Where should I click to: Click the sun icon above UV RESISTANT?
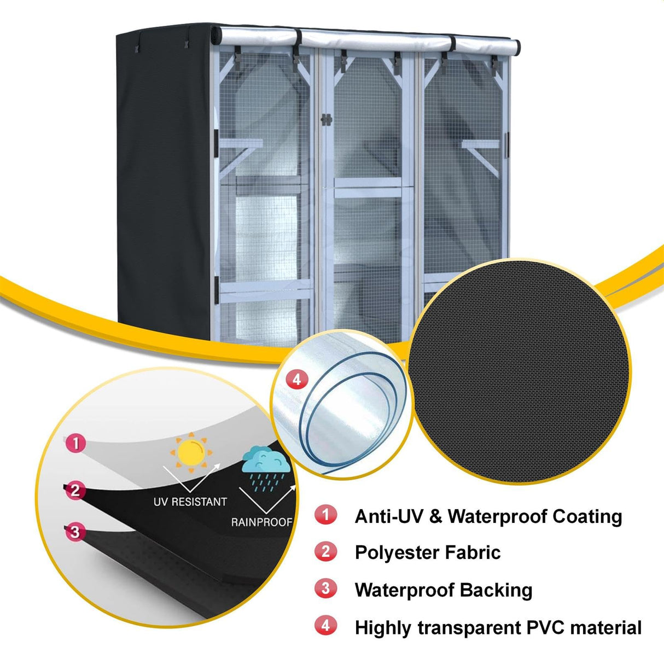click(190, 450)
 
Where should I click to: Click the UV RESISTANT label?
click(190, 502)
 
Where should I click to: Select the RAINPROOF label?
click(261, 522)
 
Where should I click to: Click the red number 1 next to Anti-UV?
click(326, 515)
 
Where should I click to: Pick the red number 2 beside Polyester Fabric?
click(326, 551)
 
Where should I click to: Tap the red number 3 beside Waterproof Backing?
click(326, 589)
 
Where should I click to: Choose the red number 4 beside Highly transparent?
click(326, 625)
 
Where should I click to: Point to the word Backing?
click(496, 590)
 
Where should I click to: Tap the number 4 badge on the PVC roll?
click(296, 379)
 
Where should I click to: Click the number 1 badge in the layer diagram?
click(75, 442)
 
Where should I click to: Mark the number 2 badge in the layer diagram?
click(75, 490)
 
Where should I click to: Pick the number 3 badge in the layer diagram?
click(75, 532)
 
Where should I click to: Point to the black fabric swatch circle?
click(520, 372)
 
